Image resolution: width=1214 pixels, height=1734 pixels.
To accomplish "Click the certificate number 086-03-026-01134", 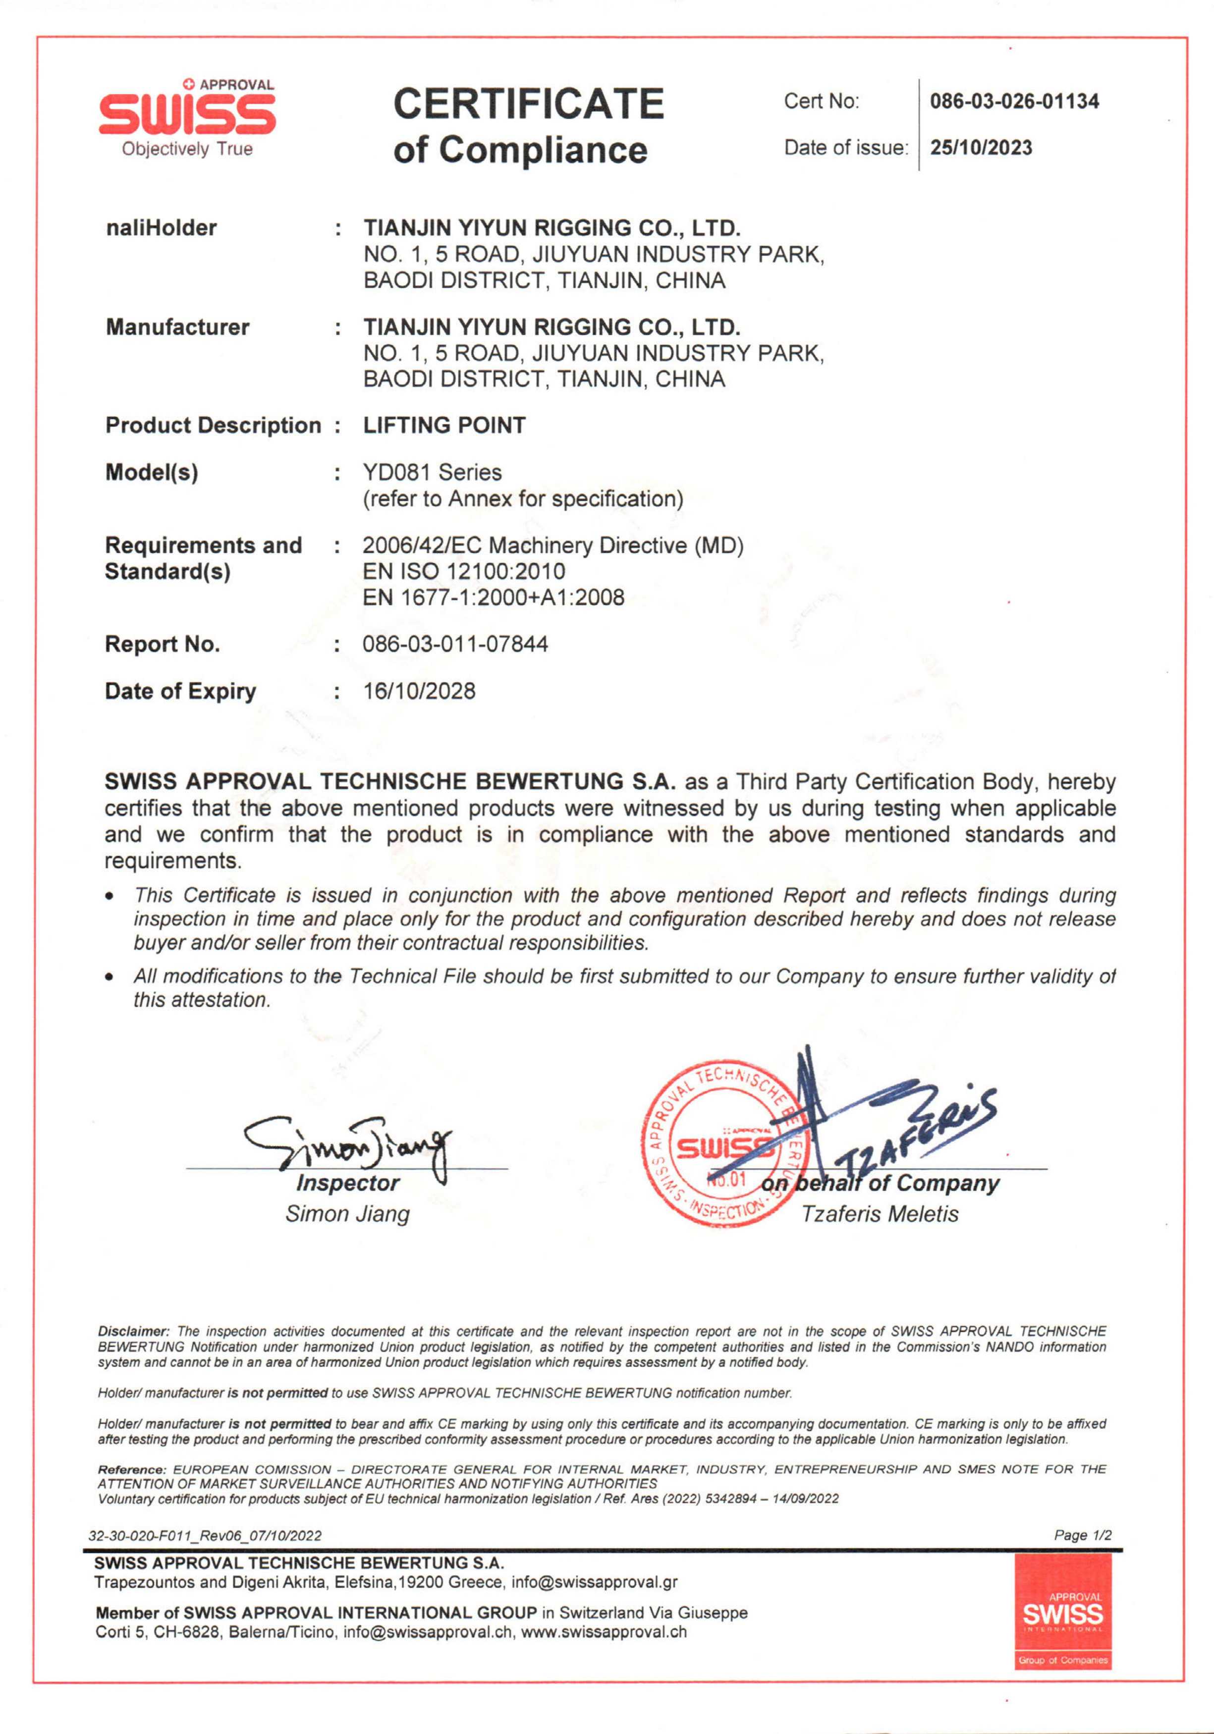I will coord(1014,101).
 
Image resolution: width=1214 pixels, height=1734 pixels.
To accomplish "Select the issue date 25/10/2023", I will coord(981,148).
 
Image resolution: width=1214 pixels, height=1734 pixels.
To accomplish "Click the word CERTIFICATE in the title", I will coord(528,104).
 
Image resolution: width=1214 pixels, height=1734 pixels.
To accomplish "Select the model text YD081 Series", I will coord(432,473).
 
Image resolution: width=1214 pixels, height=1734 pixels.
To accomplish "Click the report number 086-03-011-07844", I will coord(455,644).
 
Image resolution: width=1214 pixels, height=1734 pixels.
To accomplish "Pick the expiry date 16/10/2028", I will coord(419,691).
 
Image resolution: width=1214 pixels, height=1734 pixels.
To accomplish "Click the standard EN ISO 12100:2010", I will coord(464,572).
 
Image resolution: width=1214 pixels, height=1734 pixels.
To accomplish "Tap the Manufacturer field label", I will coord(177,327).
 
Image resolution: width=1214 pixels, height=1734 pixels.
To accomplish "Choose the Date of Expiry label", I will coord(180,691).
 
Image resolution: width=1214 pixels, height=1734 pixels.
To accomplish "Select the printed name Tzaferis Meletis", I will coord(880,1214).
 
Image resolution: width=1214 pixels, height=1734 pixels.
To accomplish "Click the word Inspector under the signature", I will coord(347,1183).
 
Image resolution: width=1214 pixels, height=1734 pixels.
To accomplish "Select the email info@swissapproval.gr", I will coord(595,1581).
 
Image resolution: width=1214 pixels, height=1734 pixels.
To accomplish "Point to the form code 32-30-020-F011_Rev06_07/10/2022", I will coord(206,1535).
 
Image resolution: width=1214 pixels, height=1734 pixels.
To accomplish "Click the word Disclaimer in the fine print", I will coord(133,1331).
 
